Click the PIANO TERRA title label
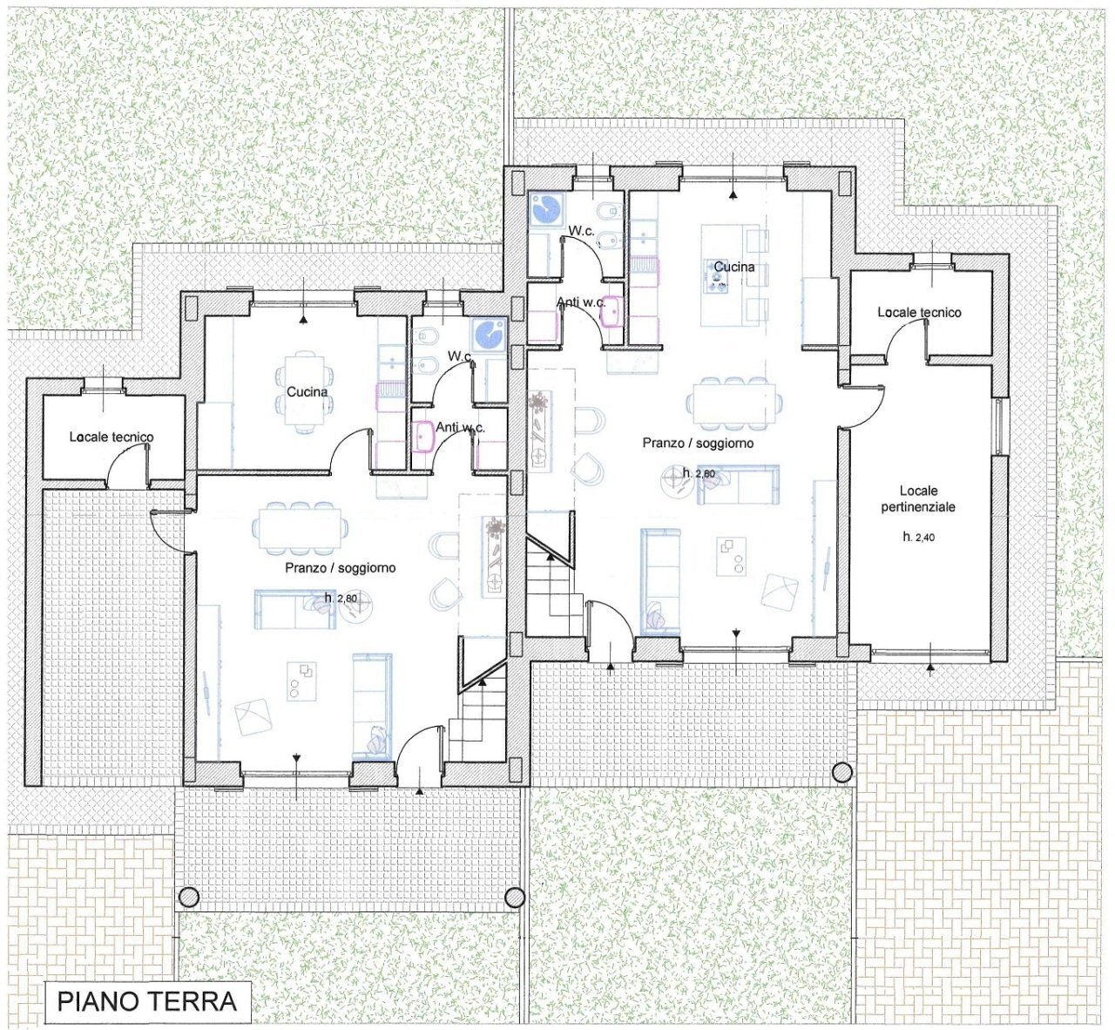(147, 1001)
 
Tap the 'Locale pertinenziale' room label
(918, 498)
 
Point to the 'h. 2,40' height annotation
(918, 538)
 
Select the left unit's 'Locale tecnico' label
(111, 437)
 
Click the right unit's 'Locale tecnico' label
(919, 312)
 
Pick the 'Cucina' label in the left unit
(307, 392)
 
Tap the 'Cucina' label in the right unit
(733, 267)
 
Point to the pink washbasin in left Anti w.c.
(425, 436)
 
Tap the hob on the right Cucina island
(718, 279)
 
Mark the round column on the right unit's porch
(841, 772)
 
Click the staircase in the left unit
(477, 715)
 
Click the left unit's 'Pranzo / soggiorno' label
(340, 568)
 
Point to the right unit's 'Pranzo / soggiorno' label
(698, 444)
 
